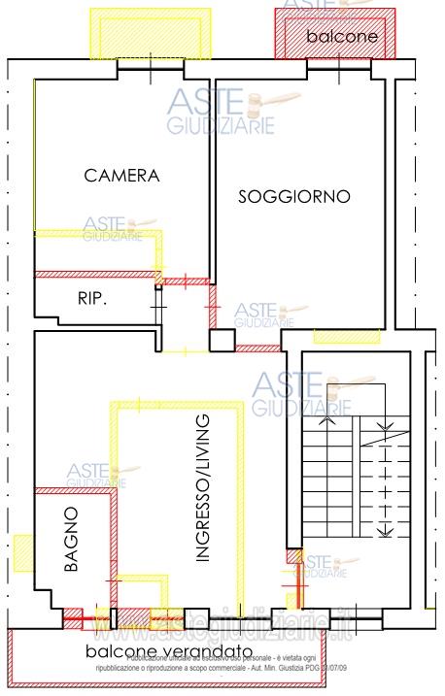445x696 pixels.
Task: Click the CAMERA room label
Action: click(121, 176)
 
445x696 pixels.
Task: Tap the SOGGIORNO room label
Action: click(294, 196)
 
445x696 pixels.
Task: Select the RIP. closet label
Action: click(92, 299)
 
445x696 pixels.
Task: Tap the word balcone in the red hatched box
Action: click(340, 35)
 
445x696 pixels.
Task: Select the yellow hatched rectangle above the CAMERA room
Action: click(149, 32)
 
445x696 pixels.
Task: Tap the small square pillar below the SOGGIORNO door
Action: click(222, 341)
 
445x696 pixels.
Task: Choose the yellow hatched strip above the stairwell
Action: click(348, 337)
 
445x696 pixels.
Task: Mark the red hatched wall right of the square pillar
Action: click(257, 348)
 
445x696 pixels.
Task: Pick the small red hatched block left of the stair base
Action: click(292, 557)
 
